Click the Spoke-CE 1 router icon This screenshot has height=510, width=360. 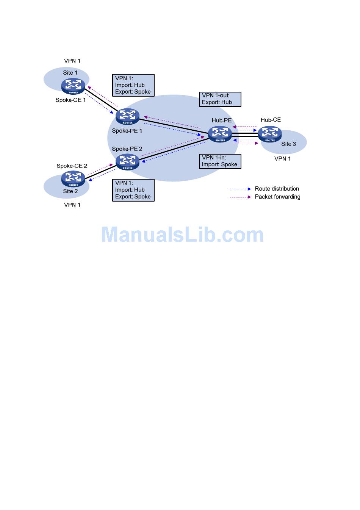[73, 86]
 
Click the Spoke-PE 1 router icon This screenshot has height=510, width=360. [128, 116]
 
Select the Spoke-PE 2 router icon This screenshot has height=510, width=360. [128, 162]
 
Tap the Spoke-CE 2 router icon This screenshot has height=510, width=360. [73, 179]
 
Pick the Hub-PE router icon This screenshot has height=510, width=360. [220, 134]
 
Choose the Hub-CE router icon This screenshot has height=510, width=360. [270, 134]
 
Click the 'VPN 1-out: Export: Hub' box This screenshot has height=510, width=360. [220, 99]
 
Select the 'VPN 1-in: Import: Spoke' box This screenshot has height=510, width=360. [220, 161]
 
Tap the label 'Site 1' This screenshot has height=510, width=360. [70, 73]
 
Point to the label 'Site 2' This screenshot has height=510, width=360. [70, 191]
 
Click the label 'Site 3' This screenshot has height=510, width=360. [288, 144]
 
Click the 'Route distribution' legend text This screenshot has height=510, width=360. [277, 189]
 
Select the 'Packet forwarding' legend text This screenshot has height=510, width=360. [277, 197]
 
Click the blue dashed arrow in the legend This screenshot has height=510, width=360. [240, 189]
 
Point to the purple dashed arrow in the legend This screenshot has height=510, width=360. [240, 197]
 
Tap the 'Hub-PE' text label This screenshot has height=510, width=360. [222, 120]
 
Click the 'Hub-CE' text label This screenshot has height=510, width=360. [271, 120]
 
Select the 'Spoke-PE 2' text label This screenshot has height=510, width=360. [127, 149]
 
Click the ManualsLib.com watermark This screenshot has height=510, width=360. [182, 235]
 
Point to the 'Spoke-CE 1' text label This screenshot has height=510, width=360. [70, 100]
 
